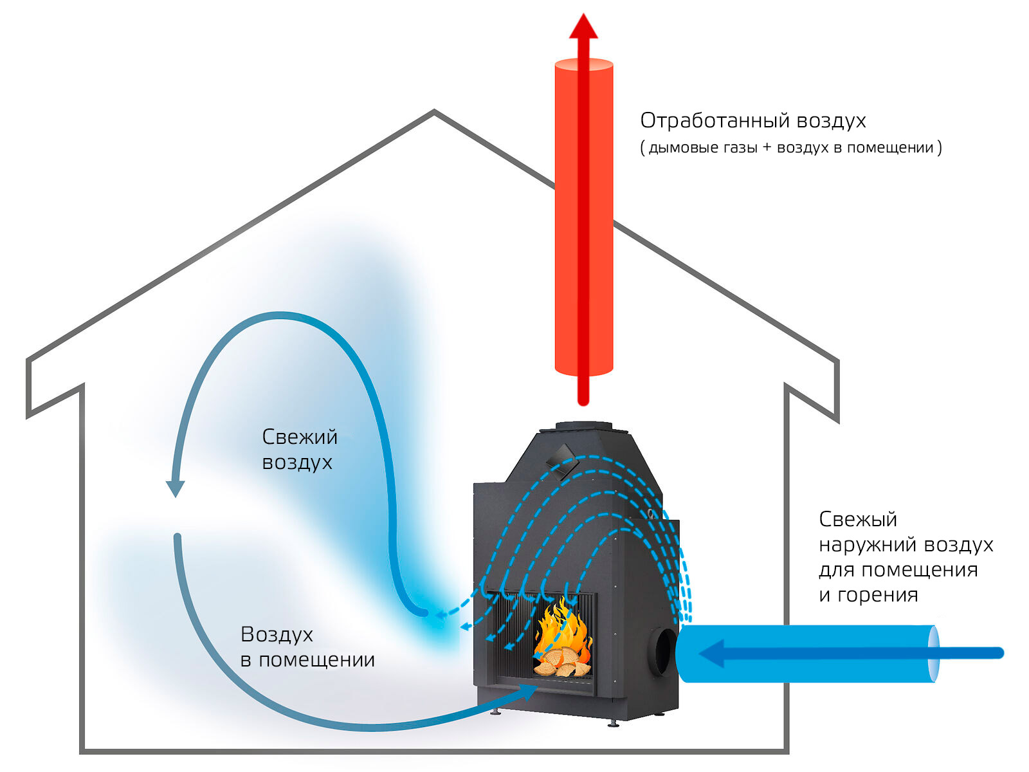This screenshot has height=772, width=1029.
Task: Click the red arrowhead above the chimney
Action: click(583, 26)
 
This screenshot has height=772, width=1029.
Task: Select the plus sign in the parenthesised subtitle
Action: click(767, 147)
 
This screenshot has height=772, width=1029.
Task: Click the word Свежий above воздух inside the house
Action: click(300, 437)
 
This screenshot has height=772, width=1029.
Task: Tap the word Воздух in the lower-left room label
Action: click(277, 634)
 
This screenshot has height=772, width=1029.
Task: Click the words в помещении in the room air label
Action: click(307, 660)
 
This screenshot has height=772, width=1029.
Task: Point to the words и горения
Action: click(868, 595)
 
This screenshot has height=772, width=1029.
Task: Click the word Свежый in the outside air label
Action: click(858, 519)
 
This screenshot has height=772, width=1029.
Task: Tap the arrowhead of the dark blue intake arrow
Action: click(711, 653)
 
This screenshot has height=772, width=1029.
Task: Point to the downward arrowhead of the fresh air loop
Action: click(176, 489)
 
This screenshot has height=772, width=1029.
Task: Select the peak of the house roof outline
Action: click(434, 111)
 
